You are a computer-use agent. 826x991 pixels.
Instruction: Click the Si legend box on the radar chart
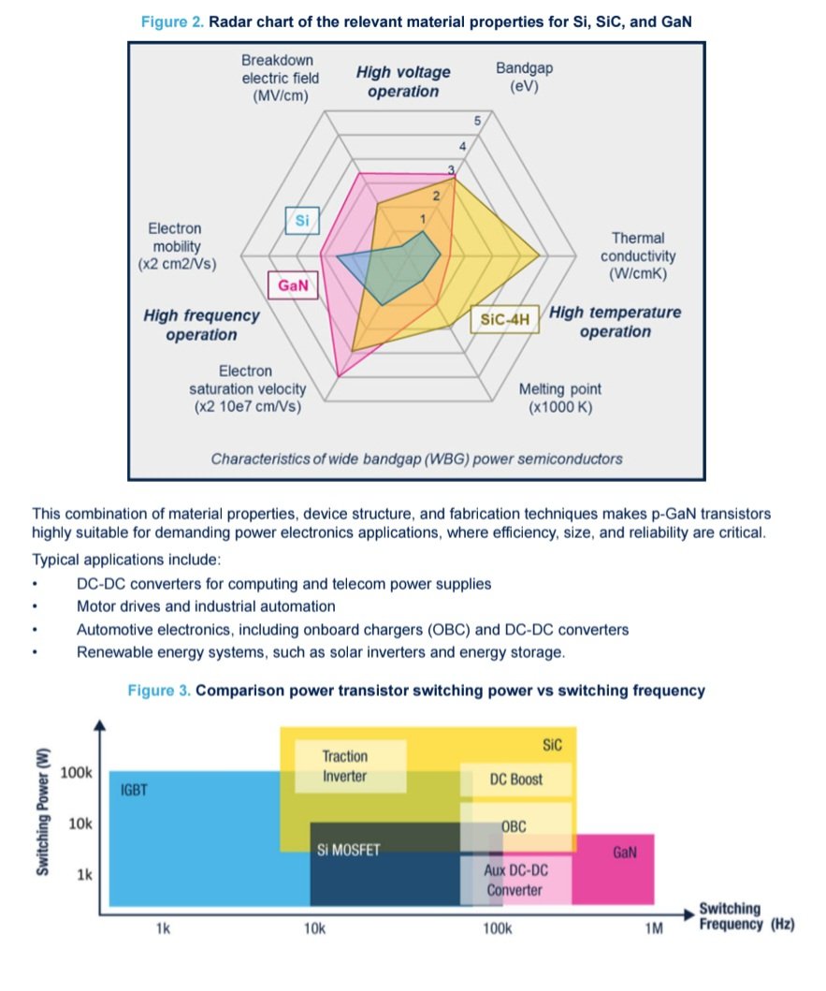tap(302, 221)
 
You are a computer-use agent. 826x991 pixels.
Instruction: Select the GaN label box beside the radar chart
tap(293, 285)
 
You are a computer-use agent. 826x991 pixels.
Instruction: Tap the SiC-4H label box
tap(505, 320)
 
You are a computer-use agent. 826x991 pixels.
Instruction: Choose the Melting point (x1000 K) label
tap(560, 398)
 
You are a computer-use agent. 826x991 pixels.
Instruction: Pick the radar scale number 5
tap(477, 122)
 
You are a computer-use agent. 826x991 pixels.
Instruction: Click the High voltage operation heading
tap(403, 81)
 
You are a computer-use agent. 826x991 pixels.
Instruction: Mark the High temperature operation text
tap(615, 322)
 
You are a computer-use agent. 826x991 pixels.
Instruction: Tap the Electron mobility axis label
tap(177, 246)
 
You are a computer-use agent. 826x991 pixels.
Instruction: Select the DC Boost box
tap(515, 779)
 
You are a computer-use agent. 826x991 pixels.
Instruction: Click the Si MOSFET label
tap(348, 851)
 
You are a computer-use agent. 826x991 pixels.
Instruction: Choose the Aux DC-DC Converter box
tap(514, 880)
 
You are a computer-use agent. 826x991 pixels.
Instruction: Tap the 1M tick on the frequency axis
tap(653, 929)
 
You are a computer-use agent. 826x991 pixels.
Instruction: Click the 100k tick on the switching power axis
tap(77, 773)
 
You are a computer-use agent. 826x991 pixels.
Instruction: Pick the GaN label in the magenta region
tap(625, 853)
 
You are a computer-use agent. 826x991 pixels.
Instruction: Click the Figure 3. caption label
tap(159, 692)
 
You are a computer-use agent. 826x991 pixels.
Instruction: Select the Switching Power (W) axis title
tap(43, 811)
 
